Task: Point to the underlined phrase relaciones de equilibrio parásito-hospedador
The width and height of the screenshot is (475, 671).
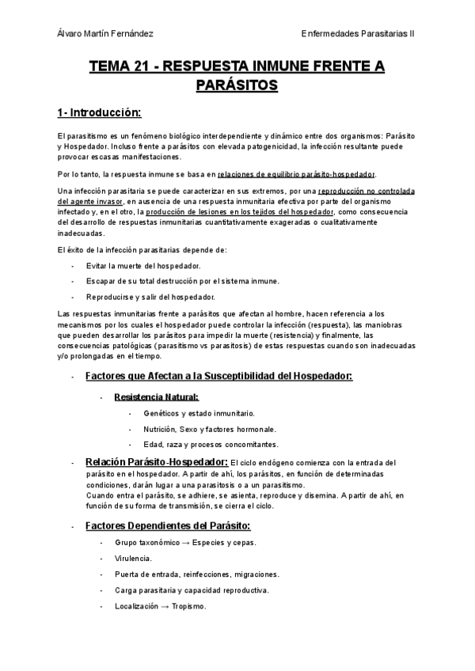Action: point(297,174)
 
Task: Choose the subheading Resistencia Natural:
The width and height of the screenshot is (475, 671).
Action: point(156,397)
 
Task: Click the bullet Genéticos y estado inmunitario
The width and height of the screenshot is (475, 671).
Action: point(199,413)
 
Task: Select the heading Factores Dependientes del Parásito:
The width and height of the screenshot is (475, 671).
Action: point(167,526)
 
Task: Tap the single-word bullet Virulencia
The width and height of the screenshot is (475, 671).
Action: point(134,559)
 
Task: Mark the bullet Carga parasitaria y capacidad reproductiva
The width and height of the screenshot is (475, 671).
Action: point(191,590)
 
